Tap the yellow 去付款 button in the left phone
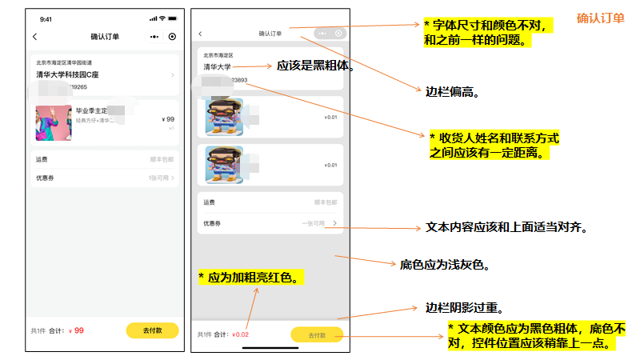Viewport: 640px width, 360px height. pos(152,330)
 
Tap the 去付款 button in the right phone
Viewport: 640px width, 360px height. pos(317,336)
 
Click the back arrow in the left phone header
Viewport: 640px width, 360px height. pos(35,37)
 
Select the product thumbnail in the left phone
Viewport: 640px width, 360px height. pos(50,123)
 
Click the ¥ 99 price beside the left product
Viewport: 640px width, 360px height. pos(168,119)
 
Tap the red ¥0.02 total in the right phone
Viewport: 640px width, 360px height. pos(240,334)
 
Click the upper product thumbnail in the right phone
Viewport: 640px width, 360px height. pos(224,116)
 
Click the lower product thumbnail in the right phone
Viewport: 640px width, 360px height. pos(224,165)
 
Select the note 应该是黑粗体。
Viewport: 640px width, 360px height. pos(315,66)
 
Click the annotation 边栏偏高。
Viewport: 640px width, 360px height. pos(452,92)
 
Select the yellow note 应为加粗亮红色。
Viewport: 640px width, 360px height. pos(251,278)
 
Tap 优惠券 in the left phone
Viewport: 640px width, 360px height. pos(45,178)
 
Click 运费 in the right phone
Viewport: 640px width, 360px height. pos(209,203)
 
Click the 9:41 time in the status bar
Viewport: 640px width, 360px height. pos(46,18)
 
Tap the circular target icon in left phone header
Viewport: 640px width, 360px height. pos(172,37)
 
